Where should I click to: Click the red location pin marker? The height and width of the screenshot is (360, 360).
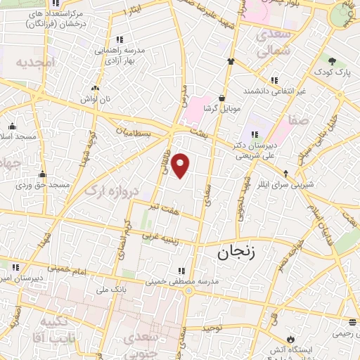click(181, 166)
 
